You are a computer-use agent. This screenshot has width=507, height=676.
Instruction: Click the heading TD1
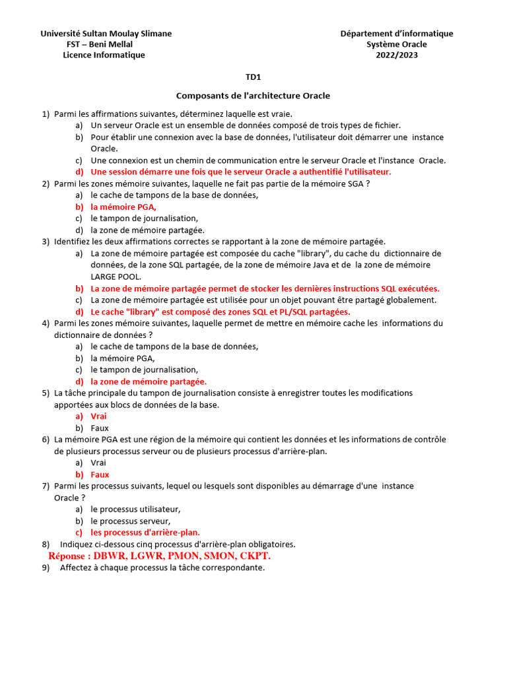(253, 77)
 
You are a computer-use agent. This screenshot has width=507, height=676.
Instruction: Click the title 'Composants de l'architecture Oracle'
(253, 96)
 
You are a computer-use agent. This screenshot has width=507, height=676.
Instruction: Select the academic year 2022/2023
(397, 55)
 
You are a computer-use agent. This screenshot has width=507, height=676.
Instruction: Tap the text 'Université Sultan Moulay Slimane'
(106, 34)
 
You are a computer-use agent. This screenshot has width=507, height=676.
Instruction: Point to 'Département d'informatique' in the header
(397, 34)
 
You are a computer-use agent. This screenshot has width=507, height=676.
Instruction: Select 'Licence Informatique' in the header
(104, 55)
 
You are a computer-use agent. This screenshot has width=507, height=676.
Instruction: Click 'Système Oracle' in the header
(397, 44)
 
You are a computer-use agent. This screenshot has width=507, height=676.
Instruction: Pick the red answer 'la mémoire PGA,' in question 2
(123, 207)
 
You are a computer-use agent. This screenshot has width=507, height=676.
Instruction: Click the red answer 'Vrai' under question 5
(98, 416)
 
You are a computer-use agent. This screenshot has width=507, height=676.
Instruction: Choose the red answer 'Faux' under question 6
(100, 474)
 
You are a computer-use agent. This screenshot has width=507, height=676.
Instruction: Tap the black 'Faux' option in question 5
(100, 428)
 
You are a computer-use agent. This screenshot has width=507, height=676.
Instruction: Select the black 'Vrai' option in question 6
(98, 463)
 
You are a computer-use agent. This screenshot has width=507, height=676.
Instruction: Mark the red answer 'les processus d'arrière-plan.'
(145, 532)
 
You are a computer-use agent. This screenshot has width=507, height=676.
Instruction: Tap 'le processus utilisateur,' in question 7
(135, 509)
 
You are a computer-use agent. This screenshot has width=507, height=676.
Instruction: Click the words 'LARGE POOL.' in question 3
(116, 277)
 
